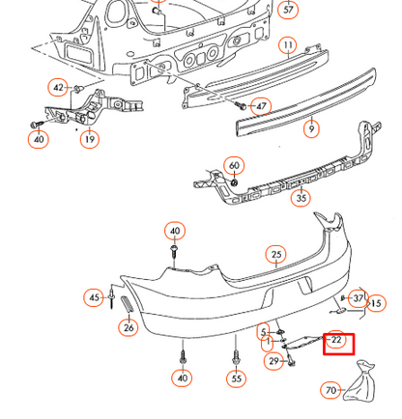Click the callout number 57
point(288,9)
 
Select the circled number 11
point(288,46)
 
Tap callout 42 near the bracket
point(58,87)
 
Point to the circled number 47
point(261,106)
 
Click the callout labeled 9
point(311,128)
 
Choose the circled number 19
point(89,139)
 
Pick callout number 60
point(234,166)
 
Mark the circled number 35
point(301,198)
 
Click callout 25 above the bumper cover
point(276,255)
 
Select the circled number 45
point(94,297)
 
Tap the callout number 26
point(129,327)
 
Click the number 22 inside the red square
point(336,340)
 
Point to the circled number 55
point(236,378)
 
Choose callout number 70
point(330,390)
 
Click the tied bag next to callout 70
point(360,382)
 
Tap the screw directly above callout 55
point(236,357)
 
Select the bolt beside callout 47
point(241,105)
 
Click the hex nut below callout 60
point(235,182)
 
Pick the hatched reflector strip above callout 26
point(127,304)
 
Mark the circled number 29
point(273,361)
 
